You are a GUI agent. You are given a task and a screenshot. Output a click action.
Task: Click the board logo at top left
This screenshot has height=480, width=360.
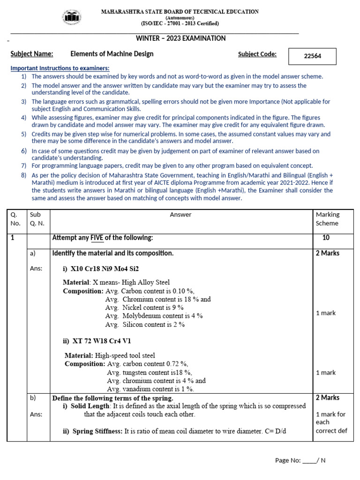click(x=72, y=17)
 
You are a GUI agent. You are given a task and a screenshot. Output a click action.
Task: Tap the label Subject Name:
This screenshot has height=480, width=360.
click(x=32, y=54)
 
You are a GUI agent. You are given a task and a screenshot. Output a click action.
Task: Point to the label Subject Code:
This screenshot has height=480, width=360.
click(x=257, y=54)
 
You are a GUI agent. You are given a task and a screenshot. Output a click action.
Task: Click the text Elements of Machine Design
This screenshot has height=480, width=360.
click(x=112, y=54)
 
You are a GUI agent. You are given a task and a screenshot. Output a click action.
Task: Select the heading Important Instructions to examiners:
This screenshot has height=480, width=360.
click(x=60, y=68)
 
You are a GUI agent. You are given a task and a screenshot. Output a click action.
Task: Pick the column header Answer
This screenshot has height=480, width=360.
click(x=180, y=215)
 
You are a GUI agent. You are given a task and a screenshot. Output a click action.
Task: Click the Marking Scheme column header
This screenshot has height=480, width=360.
click(x=328, y=219)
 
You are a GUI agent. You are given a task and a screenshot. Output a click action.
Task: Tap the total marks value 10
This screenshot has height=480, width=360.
click(x=326, y=238)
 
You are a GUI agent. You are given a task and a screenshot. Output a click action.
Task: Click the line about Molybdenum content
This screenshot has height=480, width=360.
click(x=154, y=316)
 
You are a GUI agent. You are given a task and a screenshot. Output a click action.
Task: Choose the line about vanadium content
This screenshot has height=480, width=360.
click(x=150, y=389)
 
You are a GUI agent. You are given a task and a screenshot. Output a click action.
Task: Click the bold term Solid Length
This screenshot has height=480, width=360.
click(x=90, y=406)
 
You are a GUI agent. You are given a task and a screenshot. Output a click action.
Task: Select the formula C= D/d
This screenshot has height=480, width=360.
click(x=292, y=431)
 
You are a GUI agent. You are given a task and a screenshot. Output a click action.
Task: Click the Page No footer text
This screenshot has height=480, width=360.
click(x=300, y=460)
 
